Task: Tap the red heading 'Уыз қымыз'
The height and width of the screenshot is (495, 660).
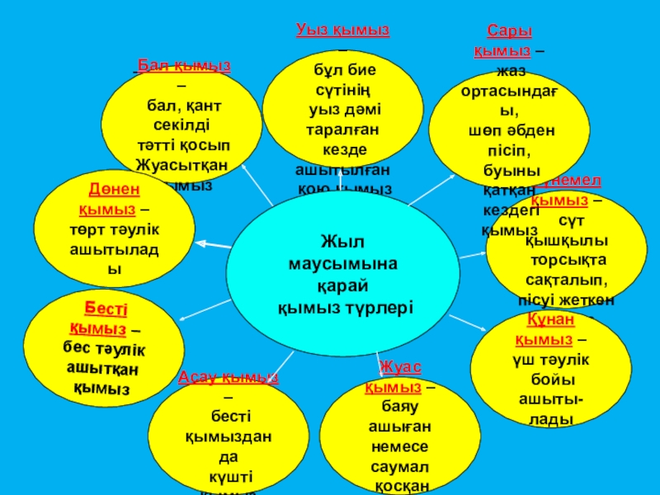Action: click(x=343, y=30)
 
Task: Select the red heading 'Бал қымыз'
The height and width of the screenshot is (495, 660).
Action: click(x=183, y=65)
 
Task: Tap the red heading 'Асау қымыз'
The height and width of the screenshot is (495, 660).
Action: click(x=229, y=378)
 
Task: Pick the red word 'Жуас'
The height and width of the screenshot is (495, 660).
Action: click(x=400, y=366)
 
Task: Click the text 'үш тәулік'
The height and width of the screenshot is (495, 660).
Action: click(x=550, y=360)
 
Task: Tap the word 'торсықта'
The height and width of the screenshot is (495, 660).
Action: click(x=567, y=259)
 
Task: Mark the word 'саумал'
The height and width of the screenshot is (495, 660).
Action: click(x=401, y=466)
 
